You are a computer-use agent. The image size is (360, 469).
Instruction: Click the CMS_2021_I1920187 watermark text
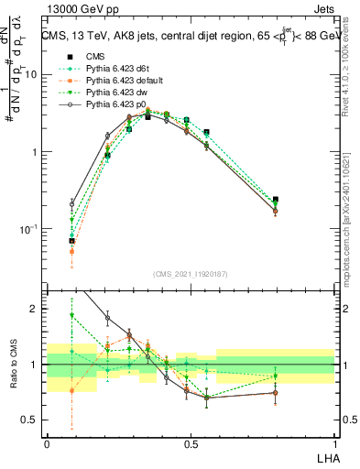[191, 273]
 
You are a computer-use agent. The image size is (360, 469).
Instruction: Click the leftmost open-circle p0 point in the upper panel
[72, 204]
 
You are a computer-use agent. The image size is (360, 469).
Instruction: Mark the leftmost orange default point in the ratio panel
[72, 390]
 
